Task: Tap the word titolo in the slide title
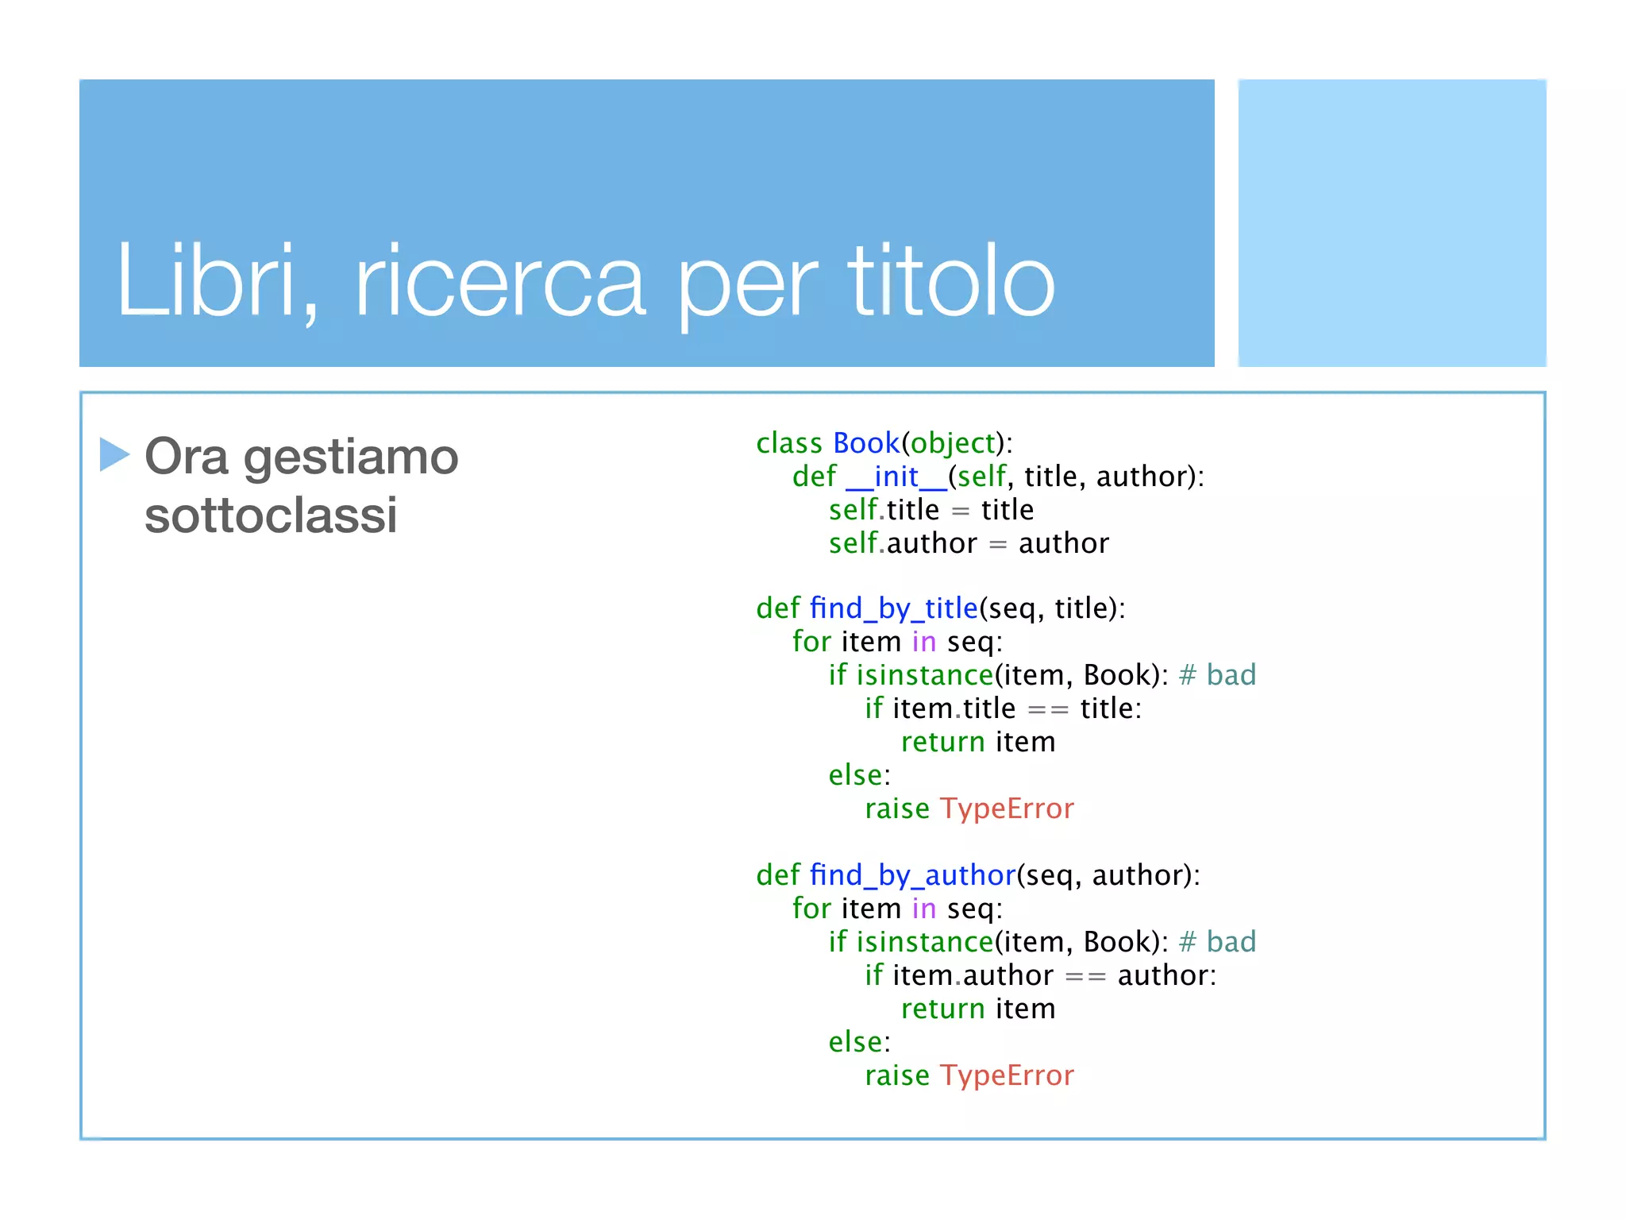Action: tap(951, 280)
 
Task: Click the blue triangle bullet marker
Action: tap(114, 454)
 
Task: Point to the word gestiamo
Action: tap(351, 458)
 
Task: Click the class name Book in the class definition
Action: tap(865, 442)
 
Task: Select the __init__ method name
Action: tap(896, 477)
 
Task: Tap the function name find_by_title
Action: tap(893, 608)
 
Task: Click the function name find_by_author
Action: tap(912, 875)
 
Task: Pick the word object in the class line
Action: tap(953, 443)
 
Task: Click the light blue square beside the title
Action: tap(1392, 222)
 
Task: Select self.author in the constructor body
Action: tap(903, 543)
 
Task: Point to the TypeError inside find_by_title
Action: tap(1007, 809)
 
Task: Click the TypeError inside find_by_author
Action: tap(1007, 1075)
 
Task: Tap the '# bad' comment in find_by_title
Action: tap(1217, 675)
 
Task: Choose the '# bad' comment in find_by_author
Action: tap(1217, 942)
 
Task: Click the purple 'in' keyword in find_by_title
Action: tap(923, 642)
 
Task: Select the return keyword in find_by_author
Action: tap(942, 1009)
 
